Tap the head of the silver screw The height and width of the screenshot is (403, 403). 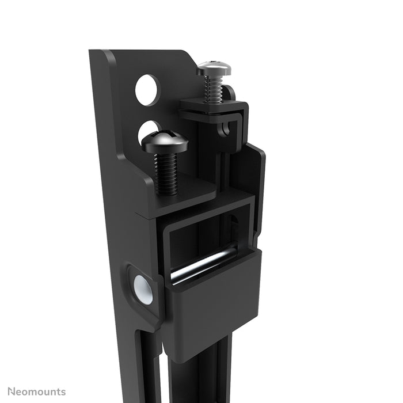click(x=214, y=69)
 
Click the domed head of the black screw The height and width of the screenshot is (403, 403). click(x=165, y=141)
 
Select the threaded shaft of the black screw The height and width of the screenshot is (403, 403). click(x=166, y=173)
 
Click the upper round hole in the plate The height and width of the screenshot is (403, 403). click(x=147, y=90)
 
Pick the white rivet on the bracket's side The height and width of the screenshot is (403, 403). click(x=143, y=289)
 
